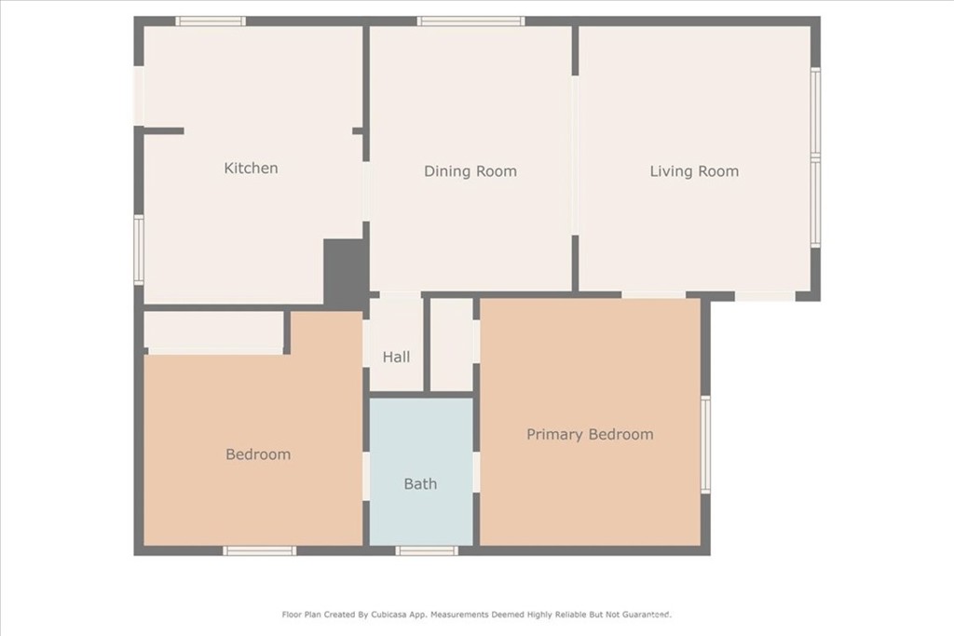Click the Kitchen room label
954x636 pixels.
[x=251, y=169]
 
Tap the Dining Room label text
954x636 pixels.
[x=470, y=171]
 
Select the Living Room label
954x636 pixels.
[x=694, y=171]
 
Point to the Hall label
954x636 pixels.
[x=396, y=357]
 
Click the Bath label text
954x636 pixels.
[x=420, y=483]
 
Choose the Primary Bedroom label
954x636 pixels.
[x=590, y=434]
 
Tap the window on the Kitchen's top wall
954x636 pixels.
[x=211, y=21]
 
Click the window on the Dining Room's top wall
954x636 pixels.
[x=470, y=21]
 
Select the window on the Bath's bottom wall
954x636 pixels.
[x=427, y=550]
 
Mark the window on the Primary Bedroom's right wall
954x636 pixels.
[x=705, y=444]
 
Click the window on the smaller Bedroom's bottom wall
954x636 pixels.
[x=260, y=550]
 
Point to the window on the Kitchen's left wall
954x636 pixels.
[x=139, y=249]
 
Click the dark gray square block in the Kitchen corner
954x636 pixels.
[x=344, y=271]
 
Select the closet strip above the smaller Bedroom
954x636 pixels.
[x=213, y=331]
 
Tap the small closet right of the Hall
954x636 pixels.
[x=452, y=344]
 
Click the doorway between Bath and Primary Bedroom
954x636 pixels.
[x=476, y=472]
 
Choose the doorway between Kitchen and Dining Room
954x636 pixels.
[x=366, y=191]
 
